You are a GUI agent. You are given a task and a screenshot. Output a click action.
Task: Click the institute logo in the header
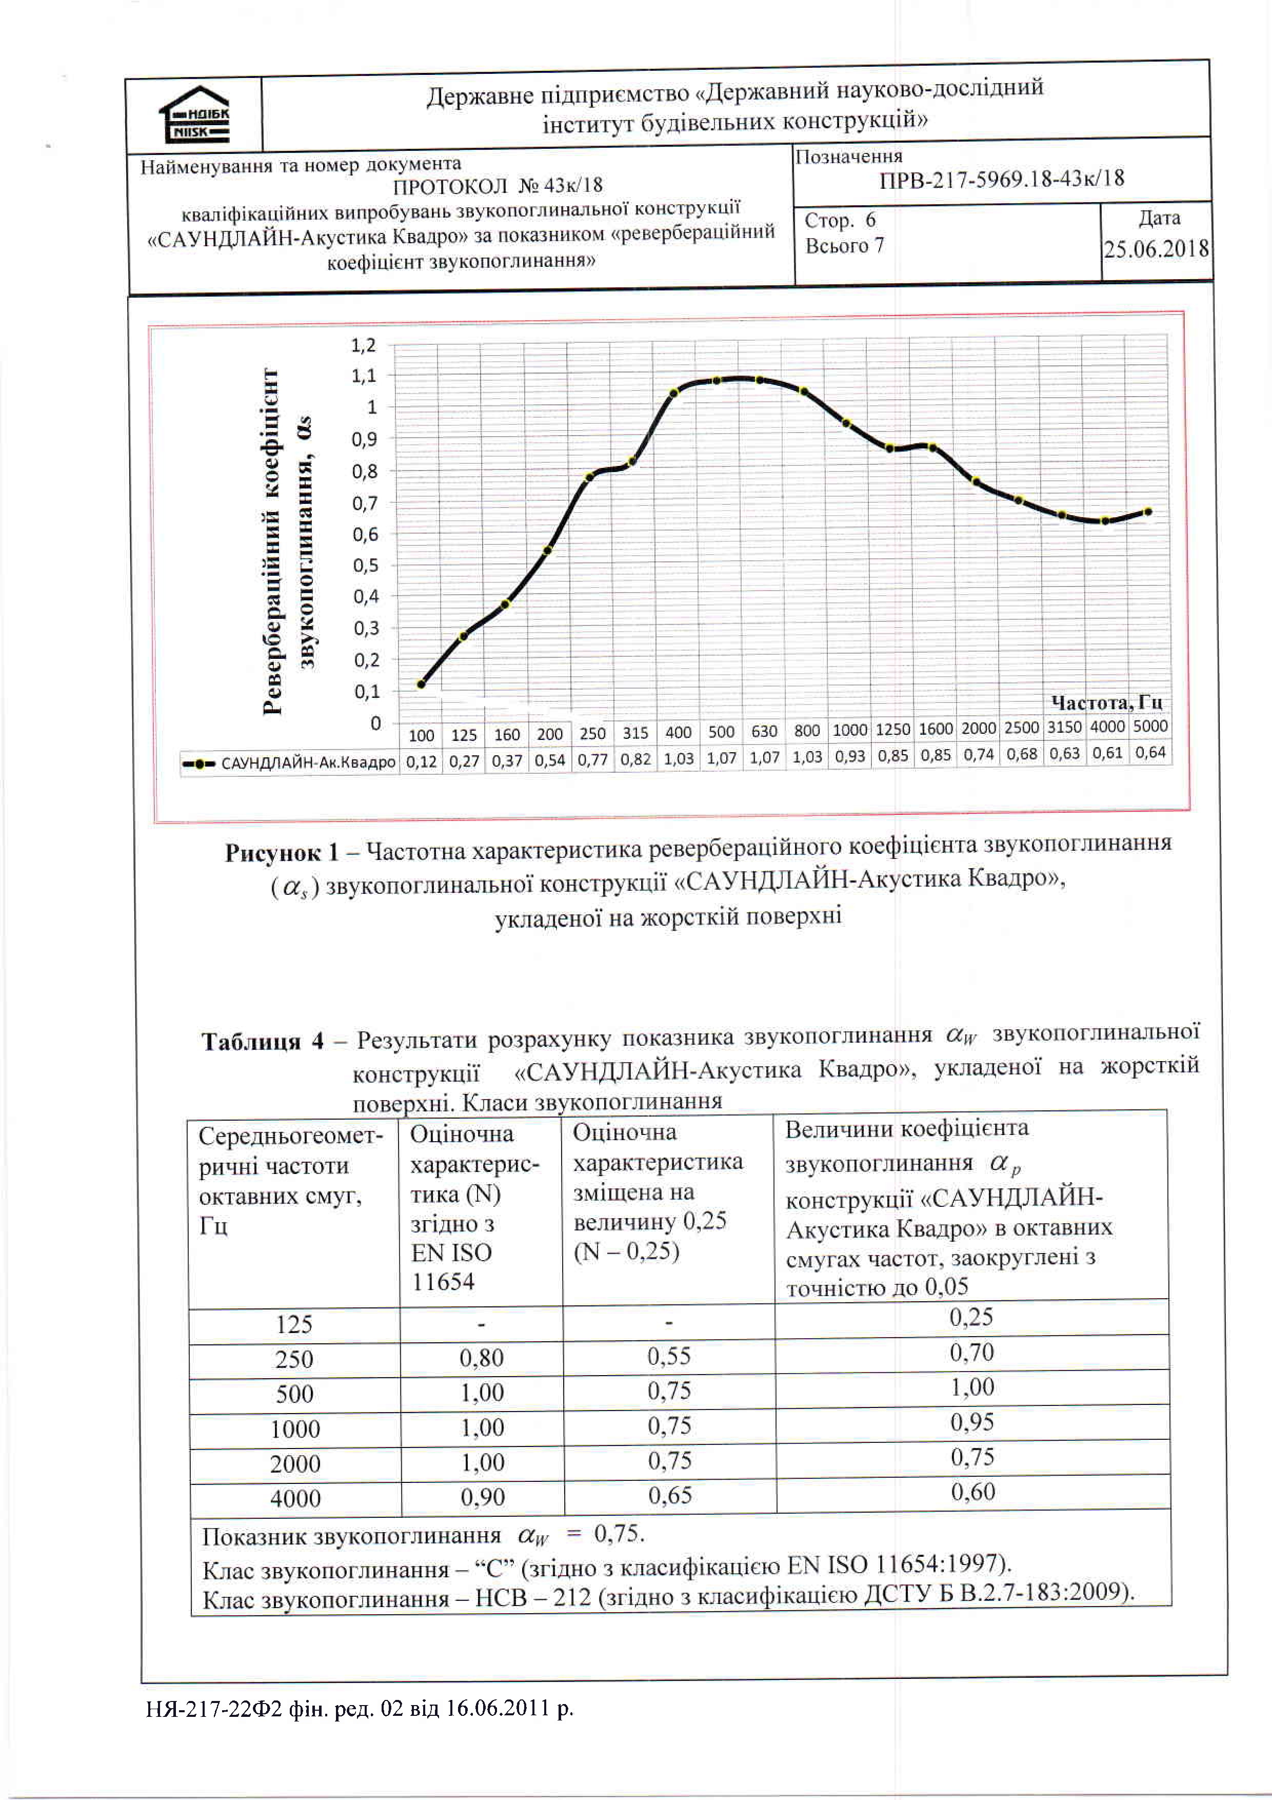click(x=194, y=114)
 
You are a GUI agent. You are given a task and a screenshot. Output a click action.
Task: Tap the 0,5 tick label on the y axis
click(x=365, y=565)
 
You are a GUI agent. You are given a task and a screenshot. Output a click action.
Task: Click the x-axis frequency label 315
click(x=635, y=733)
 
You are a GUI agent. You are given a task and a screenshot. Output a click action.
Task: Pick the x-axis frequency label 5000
click(x=1150, y=727)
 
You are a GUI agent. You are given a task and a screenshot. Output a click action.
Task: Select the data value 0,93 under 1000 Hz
click(x=849, y=756)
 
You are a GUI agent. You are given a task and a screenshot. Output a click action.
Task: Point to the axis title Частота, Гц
click(x=1106, y=702)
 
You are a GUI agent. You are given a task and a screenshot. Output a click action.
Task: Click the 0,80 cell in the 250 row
click(x=481, y=1358)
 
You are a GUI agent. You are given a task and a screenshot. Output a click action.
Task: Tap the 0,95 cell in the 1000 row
click(x=972, y=1422)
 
